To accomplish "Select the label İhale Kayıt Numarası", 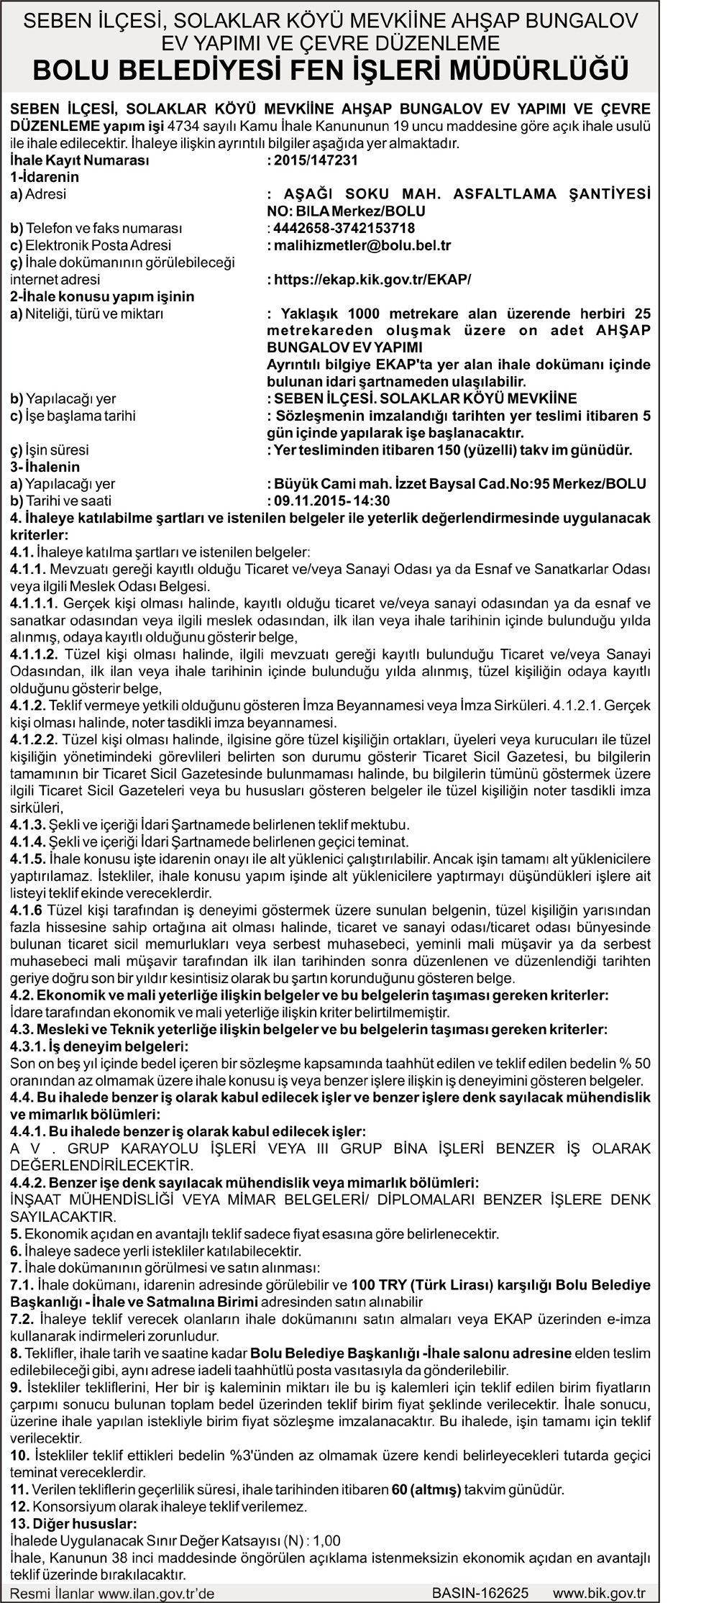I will pyautogui.click(x=80, y=160).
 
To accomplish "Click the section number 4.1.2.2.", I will pyautogui.click(x=34, y=739).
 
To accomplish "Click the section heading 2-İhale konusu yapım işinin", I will pyautogui.click(x=102, y=296).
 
